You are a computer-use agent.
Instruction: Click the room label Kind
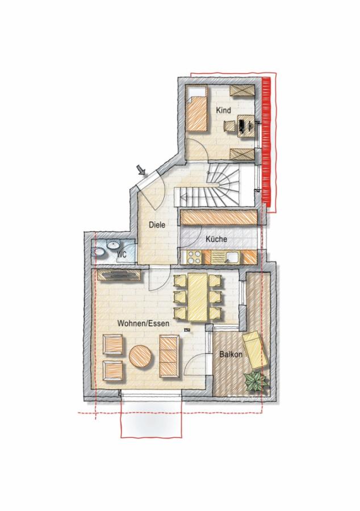coord(224,110)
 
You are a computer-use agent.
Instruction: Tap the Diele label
coord(157,224)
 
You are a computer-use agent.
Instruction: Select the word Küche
coord(216,239)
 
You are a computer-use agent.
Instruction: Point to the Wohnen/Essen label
coord(143,324)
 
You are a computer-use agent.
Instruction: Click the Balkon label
coord(231,354)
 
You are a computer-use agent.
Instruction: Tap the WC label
coord(122,254)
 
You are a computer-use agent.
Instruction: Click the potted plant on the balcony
coord(256,382)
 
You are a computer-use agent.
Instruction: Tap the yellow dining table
coord(198,297)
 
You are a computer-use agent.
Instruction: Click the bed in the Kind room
coord(197,108)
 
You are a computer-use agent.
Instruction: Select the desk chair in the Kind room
coord(229,126)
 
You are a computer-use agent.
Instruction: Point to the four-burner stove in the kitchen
coord(195,257)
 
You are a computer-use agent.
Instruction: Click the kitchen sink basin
coord(233,257)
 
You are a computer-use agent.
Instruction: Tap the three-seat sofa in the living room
coord(169,358)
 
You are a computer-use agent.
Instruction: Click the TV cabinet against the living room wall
coord(119,275)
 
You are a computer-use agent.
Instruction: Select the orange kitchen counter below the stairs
coord(219,217)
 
